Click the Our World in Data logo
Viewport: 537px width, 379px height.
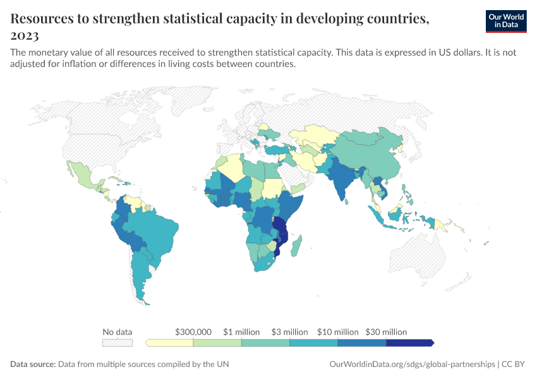(506, 21)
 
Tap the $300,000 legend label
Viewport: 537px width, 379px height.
(193, 332)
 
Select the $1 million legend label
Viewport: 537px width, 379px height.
(241, 332)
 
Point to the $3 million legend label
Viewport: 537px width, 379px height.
(290, 332)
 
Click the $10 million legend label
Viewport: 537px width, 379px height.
(338, 332)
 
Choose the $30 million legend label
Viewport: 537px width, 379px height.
(386, 332)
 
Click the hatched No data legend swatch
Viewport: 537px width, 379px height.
(118, 343)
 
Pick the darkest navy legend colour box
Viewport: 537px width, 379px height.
(410, 343)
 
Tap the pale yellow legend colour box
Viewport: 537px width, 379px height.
(169, 343)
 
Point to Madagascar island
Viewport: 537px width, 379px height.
(296, 246)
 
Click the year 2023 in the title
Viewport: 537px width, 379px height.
(25, 35)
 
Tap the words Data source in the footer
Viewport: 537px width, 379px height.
(33, 364)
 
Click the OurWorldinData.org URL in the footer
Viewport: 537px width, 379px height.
(413, 364)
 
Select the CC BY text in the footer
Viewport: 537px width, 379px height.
(513, 364)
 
